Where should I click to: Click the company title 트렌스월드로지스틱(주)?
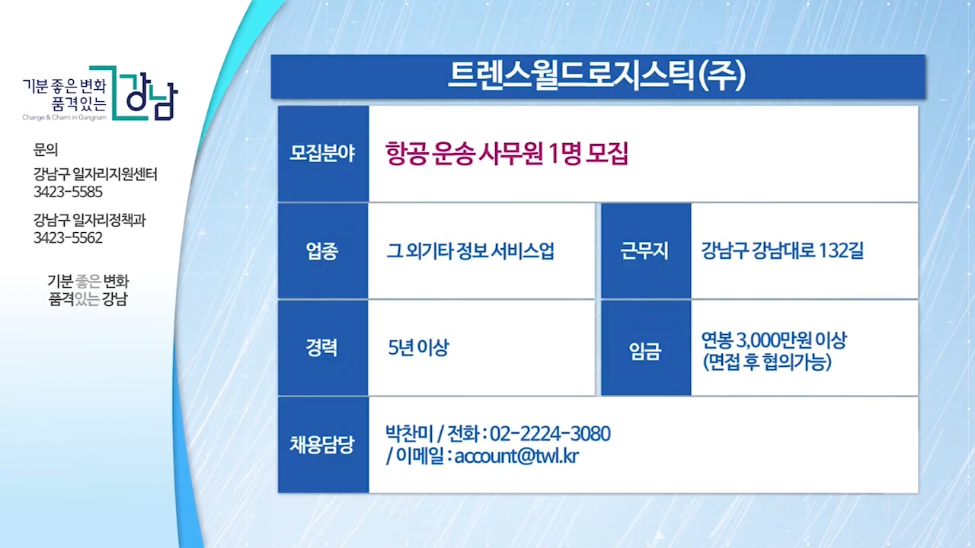[597, 76]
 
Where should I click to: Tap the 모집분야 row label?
[322, 154]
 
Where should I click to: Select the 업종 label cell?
[322, 251]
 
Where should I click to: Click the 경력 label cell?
[322, 348]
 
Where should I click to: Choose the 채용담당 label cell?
[322, 444]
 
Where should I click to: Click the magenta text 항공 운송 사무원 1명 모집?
[507, 154]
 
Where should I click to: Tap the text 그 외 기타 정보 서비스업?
[471, 251]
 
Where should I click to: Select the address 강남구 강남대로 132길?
[782, 250]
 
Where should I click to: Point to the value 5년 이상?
[418, 348]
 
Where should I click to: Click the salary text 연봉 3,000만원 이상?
[774, 340]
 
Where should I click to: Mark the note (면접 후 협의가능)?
[767, 362]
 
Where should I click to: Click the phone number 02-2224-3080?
[550, 434]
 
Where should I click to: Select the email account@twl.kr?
[516, 456]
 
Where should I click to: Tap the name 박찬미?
[409, 433]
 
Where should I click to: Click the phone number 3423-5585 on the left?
[68, 192]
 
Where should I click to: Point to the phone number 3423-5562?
[68, 238]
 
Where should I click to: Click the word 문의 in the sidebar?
[46, 150]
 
